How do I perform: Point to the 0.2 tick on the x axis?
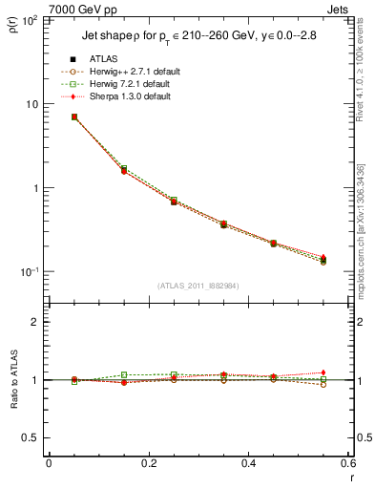148,464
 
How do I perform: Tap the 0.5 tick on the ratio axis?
32,437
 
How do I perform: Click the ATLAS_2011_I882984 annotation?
198,286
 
